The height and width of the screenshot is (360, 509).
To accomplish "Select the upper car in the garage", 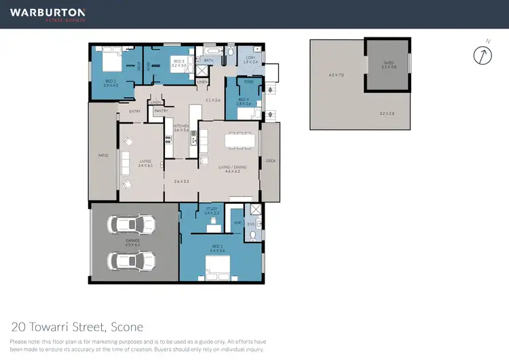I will point(131,226).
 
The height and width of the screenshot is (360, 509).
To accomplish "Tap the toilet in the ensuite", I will point(252,235).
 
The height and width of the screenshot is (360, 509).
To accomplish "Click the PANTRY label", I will point(161,110).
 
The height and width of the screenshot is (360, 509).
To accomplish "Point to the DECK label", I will point(271,161).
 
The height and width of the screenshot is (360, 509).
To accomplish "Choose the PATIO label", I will point(103,156).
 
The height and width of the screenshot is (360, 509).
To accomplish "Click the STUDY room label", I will point(210,210).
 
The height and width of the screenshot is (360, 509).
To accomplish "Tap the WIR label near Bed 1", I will point(237,222).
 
